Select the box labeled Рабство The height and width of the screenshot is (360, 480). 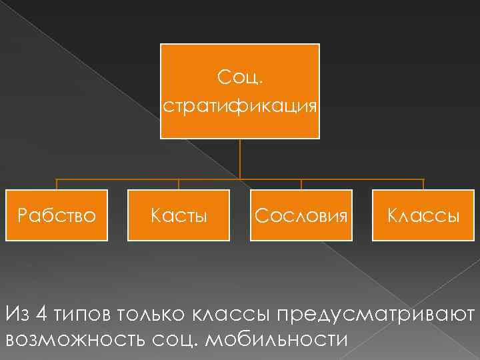click(57, 215)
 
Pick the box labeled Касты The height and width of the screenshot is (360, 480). click(179, 215)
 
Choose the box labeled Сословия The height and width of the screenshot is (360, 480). click(301, 215)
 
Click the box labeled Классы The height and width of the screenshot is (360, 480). click(424, 215)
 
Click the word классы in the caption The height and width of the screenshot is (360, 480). click(231, 313)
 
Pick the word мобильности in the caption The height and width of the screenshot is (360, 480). click(279, 339)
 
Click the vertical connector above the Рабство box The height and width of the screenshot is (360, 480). click(57, 185)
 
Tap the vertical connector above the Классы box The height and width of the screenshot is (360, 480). click(424, 185)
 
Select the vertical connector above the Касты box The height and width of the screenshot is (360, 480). click(179, 185)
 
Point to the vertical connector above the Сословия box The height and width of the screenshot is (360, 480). click(301, 185)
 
